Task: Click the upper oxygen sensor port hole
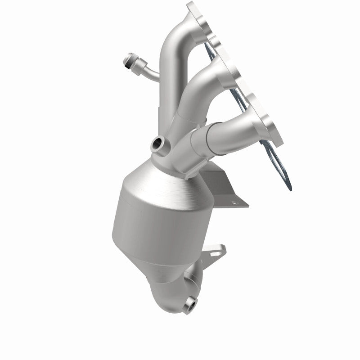click(x=158, y=144)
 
